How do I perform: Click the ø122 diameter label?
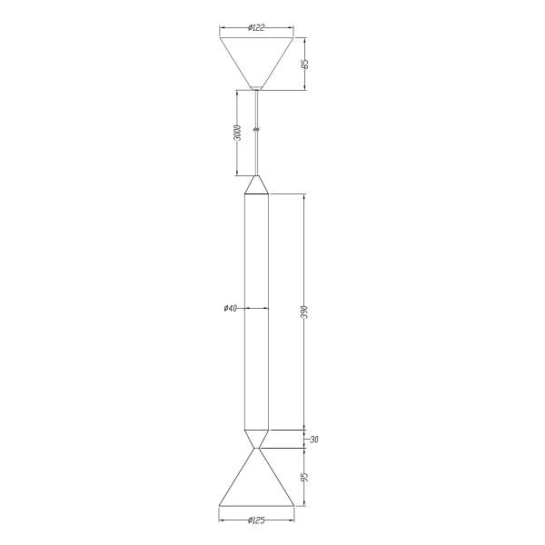tap(256, 28)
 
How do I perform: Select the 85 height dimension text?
tap(305, 64)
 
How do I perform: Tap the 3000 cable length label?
tap(237, 133)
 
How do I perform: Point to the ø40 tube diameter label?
tap(231, 308)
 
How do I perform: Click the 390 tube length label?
tap(305, 312)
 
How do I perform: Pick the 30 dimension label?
tap(314, 440)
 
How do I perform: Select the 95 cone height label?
tap(305, 477)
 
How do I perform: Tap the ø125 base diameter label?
tap(256, 520)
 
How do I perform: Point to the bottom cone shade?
tap(256, 487)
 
